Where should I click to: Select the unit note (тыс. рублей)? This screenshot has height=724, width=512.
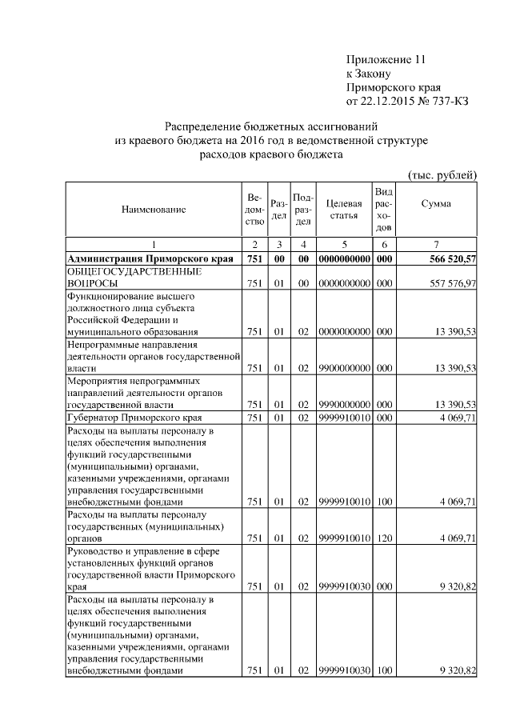[442, 175]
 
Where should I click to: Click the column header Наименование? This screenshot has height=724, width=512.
[154, 210]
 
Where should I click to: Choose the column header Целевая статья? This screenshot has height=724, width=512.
[343, 210]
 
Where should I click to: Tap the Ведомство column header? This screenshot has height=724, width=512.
[254, 210]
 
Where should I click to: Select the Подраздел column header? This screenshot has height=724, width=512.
[303, 210]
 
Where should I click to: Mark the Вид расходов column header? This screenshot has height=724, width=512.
[383, 210]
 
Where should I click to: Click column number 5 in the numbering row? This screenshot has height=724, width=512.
[343, 244]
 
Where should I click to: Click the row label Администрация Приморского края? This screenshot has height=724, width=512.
[150, 258]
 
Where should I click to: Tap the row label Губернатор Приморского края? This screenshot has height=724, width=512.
[133, 418]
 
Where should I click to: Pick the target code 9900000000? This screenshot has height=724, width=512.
[343, 368]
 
